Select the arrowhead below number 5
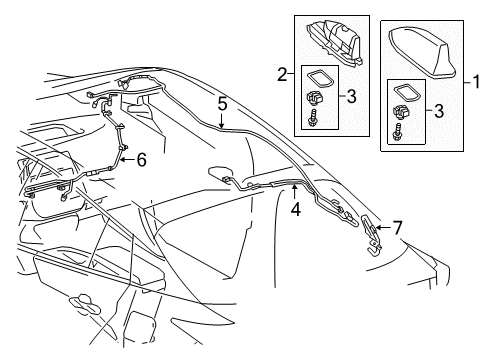coord(222,126)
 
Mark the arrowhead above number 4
coord(294,185)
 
